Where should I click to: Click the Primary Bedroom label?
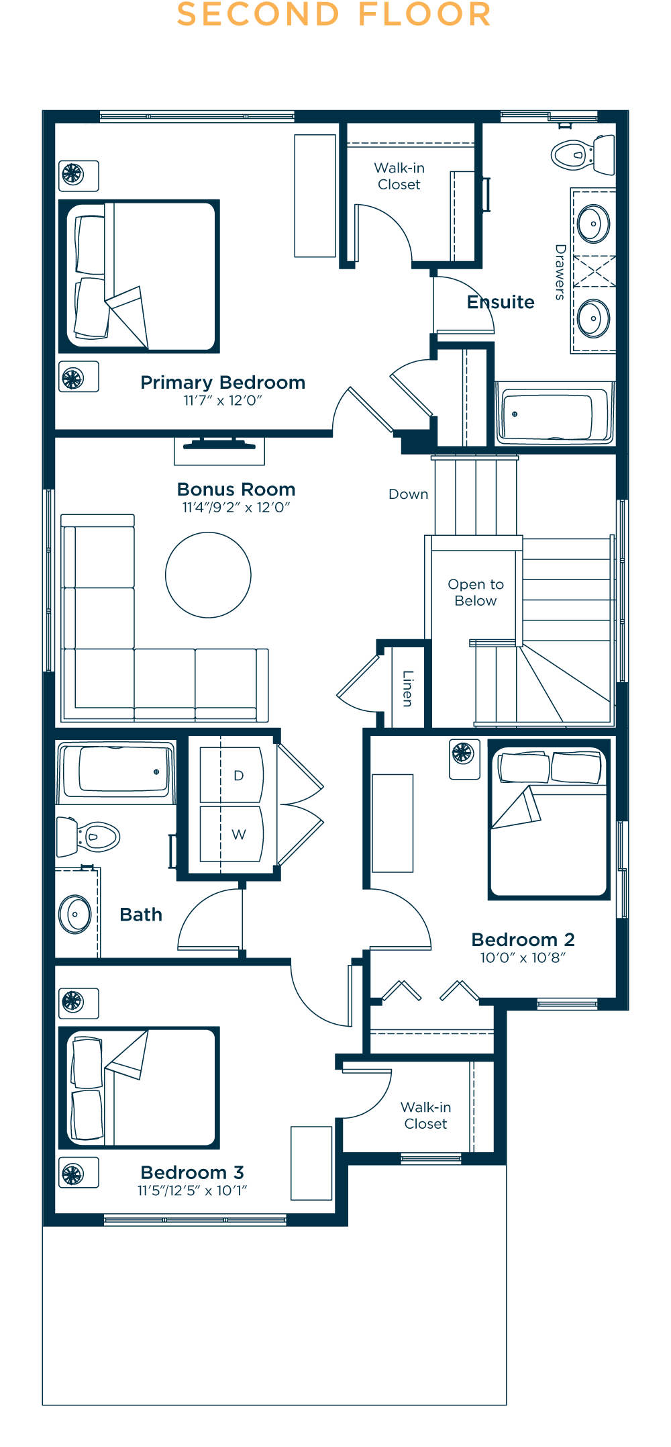point(223,382)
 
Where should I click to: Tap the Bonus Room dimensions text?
point(236,507)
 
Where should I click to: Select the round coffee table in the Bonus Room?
point(208,575)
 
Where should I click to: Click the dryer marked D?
point(231,775)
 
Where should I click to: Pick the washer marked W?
point(231,834)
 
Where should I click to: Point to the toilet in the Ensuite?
point(582,154)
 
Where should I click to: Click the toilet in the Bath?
point(88,837)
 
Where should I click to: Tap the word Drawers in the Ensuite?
point(560,271)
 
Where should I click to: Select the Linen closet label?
point(407,688)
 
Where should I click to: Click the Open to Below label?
point(476,592)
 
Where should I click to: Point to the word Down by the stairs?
point(409,494)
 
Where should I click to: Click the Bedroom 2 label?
point(523,939)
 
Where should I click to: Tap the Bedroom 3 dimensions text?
point(193,1191)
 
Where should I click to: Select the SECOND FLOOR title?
point(334,15)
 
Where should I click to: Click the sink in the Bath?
point(75,915)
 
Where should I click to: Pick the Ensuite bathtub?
point(554,414)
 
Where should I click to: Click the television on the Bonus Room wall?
point(219,444)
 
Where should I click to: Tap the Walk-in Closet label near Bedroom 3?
point(426,1115)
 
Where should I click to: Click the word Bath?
point(141,915)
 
